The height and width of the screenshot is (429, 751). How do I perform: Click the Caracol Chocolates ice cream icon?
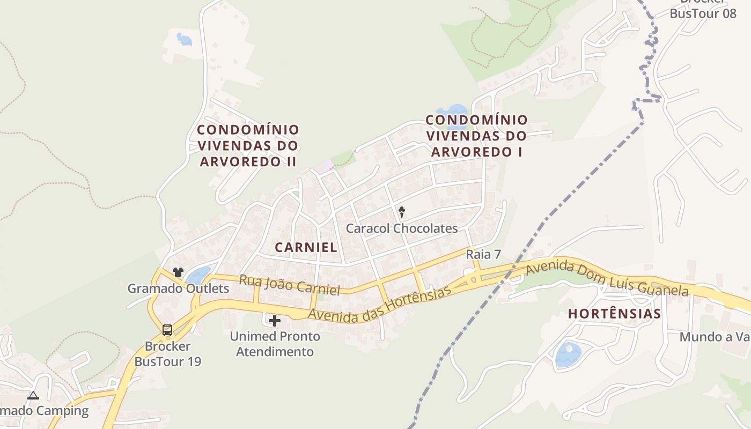coord(401,212)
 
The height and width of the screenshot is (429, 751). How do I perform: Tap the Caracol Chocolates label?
coord(402,228)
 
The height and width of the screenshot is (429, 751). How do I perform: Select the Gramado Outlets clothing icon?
coord(178,272)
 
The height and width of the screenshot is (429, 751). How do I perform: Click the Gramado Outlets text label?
coord(178,289)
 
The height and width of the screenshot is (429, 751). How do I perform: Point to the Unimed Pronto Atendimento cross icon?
coord(275,321)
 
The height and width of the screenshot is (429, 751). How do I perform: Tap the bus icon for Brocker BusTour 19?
coord(167,330)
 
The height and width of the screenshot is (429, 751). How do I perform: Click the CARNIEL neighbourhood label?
coord(306,247)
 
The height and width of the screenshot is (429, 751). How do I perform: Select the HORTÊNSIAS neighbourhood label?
coord(614,314)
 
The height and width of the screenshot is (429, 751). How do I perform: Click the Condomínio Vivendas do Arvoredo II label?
coord(248,145)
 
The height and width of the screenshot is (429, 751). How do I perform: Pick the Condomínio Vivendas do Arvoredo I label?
coord(477,136)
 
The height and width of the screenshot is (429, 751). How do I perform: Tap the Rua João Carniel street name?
coord(290,285)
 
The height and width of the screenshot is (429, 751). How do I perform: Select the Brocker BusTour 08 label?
coord(703,13)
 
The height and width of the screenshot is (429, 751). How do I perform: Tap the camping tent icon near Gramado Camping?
coord(33,396)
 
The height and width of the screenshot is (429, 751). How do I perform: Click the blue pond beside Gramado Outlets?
coord(198,275)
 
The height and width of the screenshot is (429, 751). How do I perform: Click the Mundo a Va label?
coord(715,337)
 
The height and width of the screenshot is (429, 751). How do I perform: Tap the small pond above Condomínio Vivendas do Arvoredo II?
coord(184,39)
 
